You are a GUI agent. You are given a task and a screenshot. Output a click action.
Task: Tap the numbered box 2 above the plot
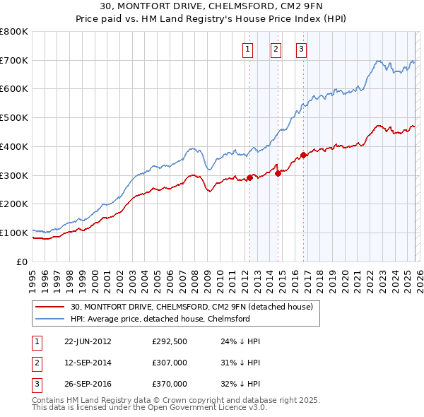click(275, 49)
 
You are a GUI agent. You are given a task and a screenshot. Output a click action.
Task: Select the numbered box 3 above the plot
click(301, 49)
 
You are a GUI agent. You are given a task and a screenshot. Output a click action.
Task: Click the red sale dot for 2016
click(304, 155)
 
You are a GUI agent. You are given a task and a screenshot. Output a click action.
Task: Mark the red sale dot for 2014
click(278, 173)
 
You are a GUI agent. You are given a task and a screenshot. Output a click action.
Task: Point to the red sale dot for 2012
click(250, 177)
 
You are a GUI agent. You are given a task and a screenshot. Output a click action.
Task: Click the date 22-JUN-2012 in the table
click(88, 341)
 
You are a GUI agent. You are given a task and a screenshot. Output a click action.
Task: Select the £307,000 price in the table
click(170, 363)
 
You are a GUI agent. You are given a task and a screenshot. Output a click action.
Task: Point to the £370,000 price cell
click(170, 384)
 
